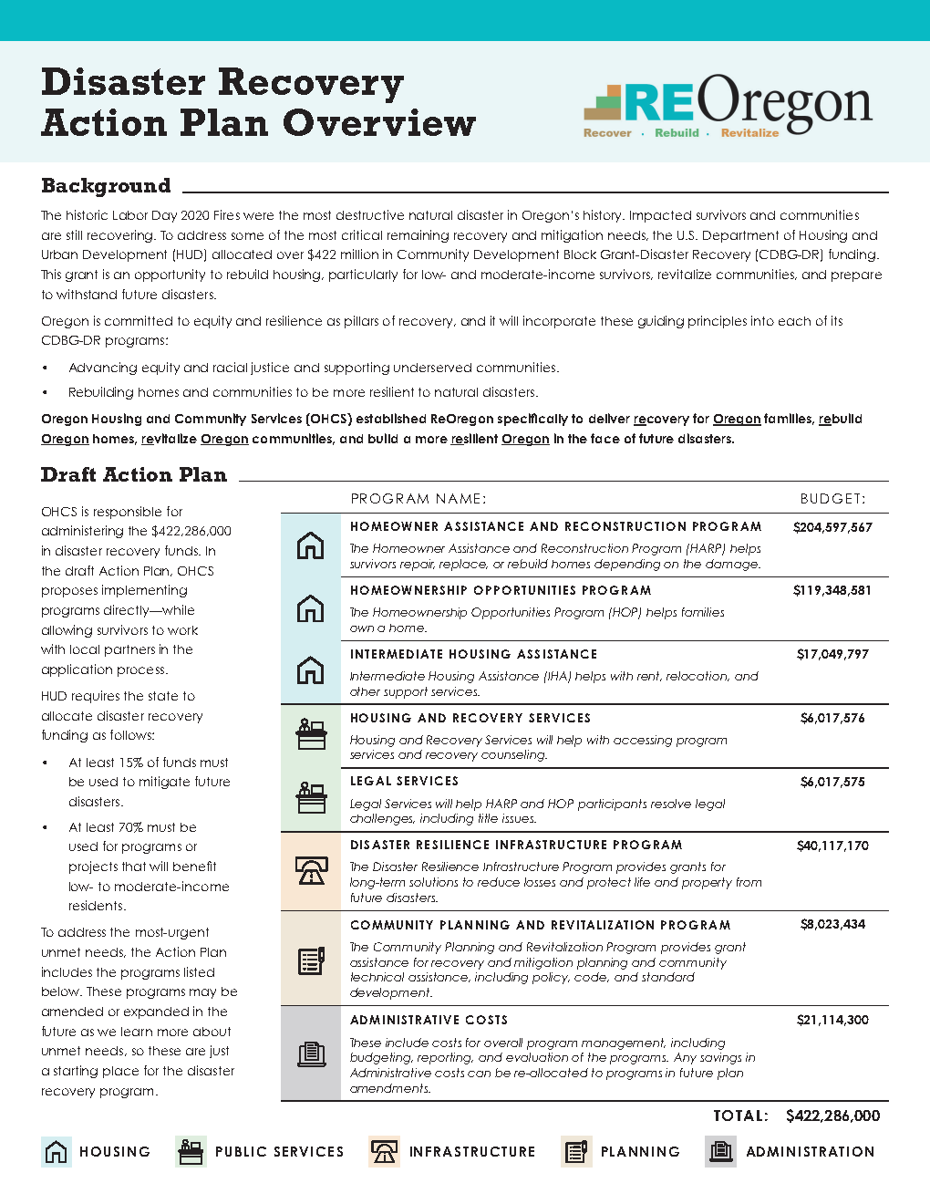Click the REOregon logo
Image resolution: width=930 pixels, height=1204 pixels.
(728, 105)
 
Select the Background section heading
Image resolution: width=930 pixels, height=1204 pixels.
(106, 186)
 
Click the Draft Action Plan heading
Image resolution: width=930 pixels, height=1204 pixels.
(134, 475)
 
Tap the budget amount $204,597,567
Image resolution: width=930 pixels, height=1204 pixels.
(832, 527)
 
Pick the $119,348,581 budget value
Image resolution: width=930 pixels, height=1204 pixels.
(832, 591)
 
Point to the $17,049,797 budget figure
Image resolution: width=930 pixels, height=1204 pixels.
(832, 655)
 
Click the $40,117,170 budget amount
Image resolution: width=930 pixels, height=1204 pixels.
(832, 846)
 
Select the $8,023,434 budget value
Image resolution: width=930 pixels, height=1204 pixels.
(832, 925)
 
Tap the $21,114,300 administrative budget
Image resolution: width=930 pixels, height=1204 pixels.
(832, 1020)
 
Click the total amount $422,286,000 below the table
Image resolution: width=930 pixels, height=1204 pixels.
(832, 1116)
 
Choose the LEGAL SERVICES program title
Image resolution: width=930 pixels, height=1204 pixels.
(404, 782)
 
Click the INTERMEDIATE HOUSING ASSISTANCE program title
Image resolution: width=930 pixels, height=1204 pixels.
(473, 655)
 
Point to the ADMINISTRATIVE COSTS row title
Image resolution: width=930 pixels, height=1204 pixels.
(429, 1021)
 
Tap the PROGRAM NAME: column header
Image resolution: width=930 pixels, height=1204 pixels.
(418, 499)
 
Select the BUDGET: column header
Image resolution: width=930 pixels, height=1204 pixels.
(832, 499)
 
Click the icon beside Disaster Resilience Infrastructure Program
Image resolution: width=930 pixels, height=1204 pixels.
(311, 871)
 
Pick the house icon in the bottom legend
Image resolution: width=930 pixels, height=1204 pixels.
(57, 1152)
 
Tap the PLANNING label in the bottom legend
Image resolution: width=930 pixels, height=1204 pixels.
(640, 1152)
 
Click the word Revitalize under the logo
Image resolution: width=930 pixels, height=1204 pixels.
(749, 133)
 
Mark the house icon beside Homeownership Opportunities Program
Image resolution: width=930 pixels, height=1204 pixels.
(311, 608)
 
